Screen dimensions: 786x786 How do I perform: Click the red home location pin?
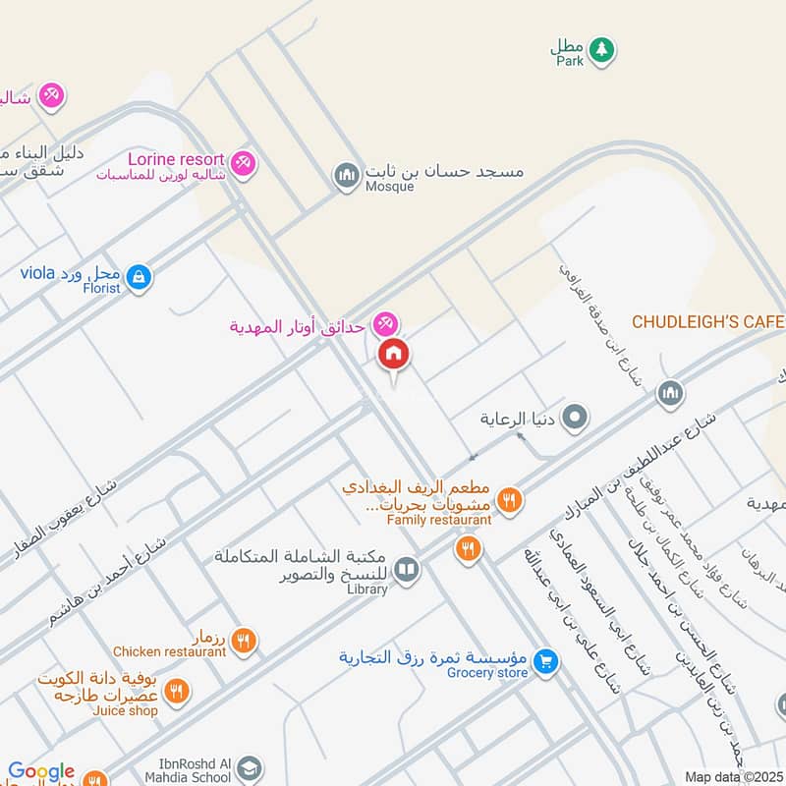point(394,354)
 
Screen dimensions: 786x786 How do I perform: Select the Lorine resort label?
point(178,157)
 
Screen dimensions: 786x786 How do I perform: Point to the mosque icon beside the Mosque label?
point(346,177)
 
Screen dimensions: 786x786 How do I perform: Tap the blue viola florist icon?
point(140,276)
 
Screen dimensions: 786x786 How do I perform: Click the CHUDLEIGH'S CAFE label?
point(707,321)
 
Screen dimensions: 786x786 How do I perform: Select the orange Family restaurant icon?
point(508,500)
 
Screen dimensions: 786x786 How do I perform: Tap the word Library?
point(367,589)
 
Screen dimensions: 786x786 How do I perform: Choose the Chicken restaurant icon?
point(245,641)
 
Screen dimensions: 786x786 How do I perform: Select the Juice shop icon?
point(177,692)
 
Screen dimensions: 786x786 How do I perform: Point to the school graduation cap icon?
point(252,766)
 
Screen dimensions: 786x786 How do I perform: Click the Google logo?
point(41,772)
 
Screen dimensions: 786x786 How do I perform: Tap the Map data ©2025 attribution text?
point(734,776)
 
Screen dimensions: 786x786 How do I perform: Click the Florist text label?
point(101,288)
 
